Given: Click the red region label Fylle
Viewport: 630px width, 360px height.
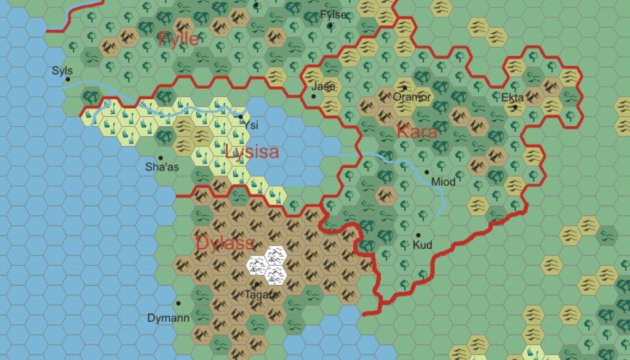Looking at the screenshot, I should coord(178,39).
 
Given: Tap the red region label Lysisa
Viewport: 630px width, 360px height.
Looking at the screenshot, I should coord(252,152).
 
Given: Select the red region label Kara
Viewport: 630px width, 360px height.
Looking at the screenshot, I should coord(417,132).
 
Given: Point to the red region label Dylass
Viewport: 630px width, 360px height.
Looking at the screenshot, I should coord(225,242).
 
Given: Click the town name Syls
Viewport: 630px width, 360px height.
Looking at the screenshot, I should coord(62,71).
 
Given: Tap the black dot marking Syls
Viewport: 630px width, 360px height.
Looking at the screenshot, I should coord(68,79).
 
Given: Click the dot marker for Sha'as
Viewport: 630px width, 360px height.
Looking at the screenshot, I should coord(161,158).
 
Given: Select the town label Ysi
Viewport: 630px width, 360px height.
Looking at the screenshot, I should coord(251,125).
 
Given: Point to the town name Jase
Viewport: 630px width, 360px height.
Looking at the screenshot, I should coord(323,86).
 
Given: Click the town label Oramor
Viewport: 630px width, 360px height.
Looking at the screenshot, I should coord(412,97).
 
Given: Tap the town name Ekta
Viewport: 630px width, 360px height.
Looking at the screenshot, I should coord(512,98).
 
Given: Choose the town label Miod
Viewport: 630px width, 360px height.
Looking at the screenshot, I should coord(443,182).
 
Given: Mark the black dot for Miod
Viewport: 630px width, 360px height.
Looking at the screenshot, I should coord(426,172).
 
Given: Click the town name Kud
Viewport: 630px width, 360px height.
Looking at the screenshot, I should coord(423,245).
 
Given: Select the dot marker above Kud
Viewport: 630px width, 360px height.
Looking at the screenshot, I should coord(418,235).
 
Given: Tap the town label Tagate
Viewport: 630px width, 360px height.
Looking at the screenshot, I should coord(261,294).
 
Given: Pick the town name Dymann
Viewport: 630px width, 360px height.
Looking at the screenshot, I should coord(169,318).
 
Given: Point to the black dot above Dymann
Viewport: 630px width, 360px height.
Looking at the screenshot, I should coord(178,303).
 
